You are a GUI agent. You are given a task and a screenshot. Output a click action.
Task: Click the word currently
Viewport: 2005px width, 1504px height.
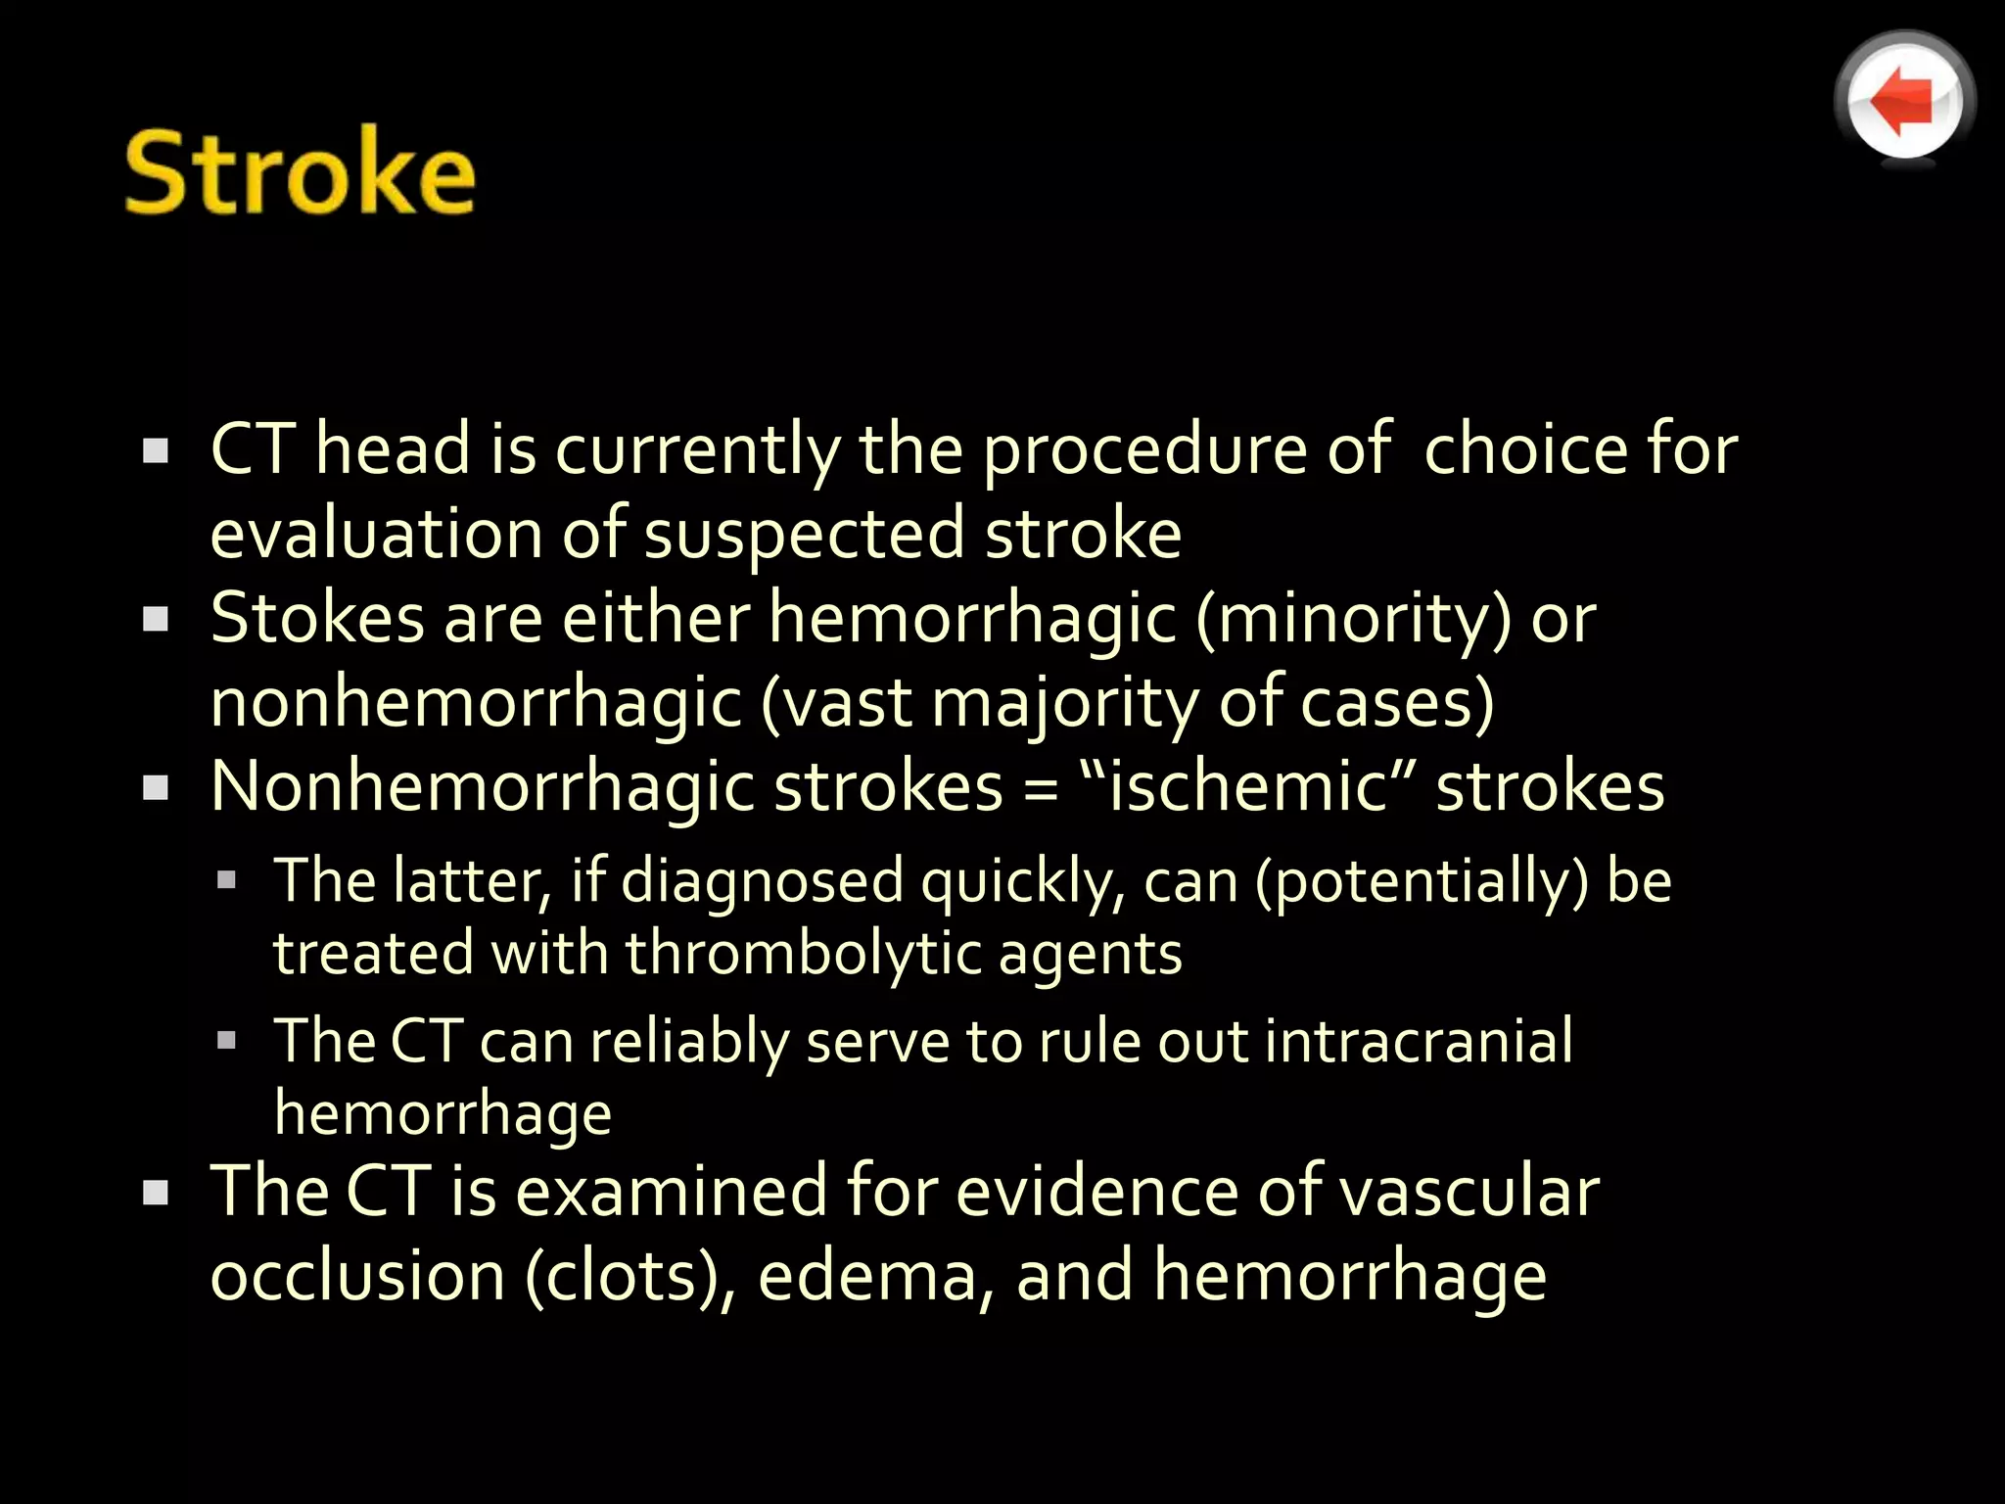coord(697,450)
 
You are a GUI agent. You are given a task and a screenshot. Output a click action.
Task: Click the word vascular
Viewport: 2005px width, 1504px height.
coord(1469,1192)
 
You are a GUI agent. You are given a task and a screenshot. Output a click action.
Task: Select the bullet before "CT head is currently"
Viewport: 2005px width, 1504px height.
coord(156,450)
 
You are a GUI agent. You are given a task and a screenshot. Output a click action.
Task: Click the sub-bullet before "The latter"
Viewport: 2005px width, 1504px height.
coord(227,879)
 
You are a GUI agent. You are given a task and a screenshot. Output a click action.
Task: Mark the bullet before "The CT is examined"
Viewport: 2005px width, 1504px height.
coord(156,1192)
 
